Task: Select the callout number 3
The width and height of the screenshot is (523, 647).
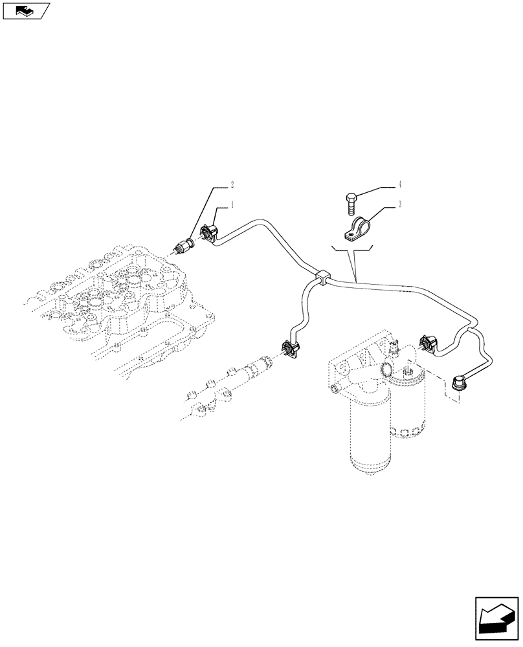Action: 401,205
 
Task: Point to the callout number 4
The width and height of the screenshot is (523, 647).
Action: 401,184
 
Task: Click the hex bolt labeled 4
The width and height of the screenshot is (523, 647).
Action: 350,201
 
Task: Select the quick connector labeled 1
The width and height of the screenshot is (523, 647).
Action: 210,234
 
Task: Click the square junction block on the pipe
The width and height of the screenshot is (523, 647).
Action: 322,278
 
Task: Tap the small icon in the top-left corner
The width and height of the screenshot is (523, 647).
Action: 25,10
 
